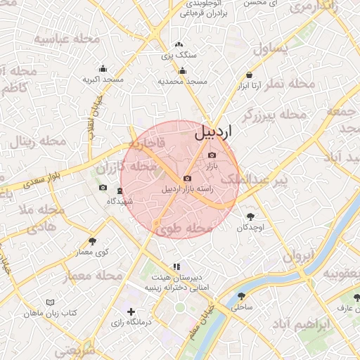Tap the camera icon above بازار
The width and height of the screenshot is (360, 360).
(213, 155)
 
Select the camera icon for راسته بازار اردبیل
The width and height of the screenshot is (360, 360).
(187, 179)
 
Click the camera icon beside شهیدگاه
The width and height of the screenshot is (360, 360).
(103, 188)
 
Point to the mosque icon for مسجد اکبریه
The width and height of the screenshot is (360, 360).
(103, 68)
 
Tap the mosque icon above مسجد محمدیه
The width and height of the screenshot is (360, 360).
(182, 70)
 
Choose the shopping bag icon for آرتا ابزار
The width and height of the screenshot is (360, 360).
(250, 75)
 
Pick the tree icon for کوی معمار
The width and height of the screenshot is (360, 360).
(92, 241)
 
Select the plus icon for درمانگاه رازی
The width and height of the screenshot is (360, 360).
(131, 311)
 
